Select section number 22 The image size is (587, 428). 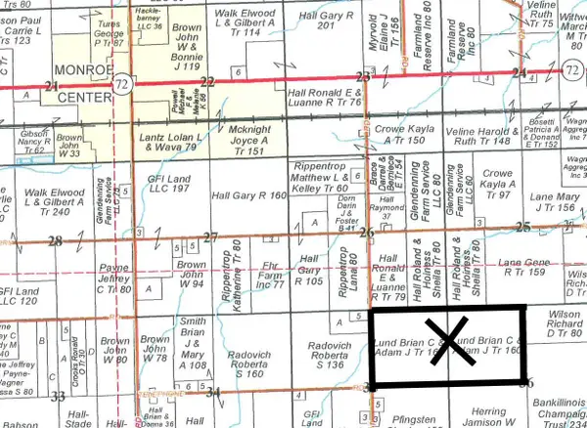point(206,82)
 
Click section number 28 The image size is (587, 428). point(55,240)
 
